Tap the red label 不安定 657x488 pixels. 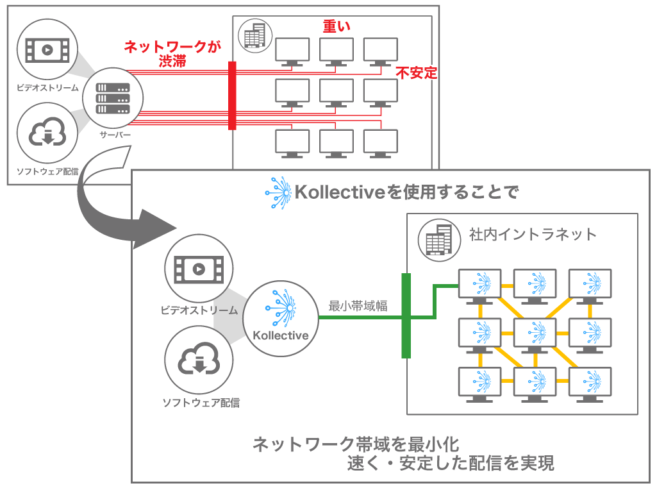tap(416, 72)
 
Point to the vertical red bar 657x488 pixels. tap(232, 96)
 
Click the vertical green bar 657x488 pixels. tap(405, 316)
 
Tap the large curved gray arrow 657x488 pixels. tap(115, 205)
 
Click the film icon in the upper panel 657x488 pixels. tap(47, 49)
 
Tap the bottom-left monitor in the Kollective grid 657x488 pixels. tap(479, 383)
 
